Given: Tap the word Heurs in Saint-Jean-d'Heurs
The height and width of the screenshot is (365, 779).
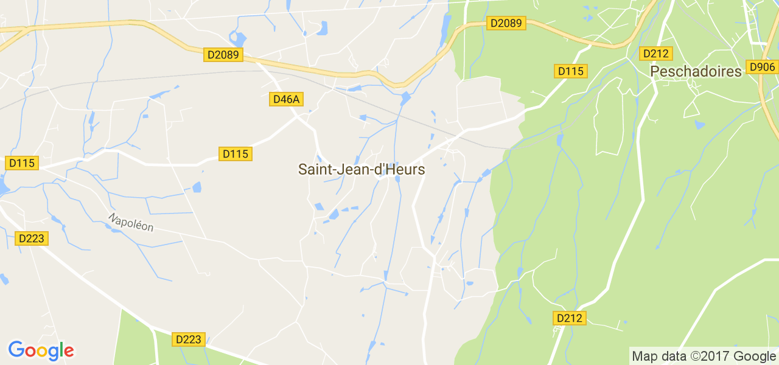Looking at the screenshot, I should [406, 170].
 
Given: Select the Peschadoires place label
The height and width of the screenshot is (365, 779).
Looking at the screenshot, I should [696, 72].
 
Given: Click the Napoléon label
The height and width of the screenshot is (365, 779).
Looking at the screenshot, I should [131, 222].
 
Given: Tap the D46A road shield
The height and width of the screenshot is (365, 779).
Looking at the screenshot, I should [286, 99].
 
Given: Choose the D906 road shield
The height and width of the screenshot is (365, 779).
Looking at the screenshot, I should [762, 67].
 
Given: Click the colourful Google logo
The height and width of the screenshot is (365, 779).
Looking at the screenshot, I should [41, 350].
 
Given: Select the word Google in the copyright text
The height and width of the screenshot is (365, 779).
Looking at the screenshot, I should [754, 356].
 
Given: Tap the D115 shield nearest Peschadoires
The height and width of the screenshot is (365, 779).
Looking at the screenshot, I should [570, 71].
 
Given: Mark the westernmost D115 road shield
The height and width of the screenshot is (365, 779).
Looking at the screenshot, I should [22, 163].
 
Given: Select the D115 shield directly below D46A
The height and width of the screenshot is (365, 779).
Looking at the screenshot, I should [236, 154].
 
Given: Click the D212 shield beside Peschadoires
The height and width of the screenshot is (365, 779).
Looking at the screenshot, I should [655, 54].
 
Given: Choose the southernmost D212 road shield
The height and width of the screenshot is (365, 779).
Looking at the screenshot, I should [570, 318].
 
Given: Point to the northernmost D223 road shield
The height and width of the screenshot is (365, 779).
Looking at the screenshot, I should [32, 238].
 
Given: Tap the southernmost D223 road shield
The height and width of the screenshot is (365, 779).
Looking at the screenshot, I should [188, 339].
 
